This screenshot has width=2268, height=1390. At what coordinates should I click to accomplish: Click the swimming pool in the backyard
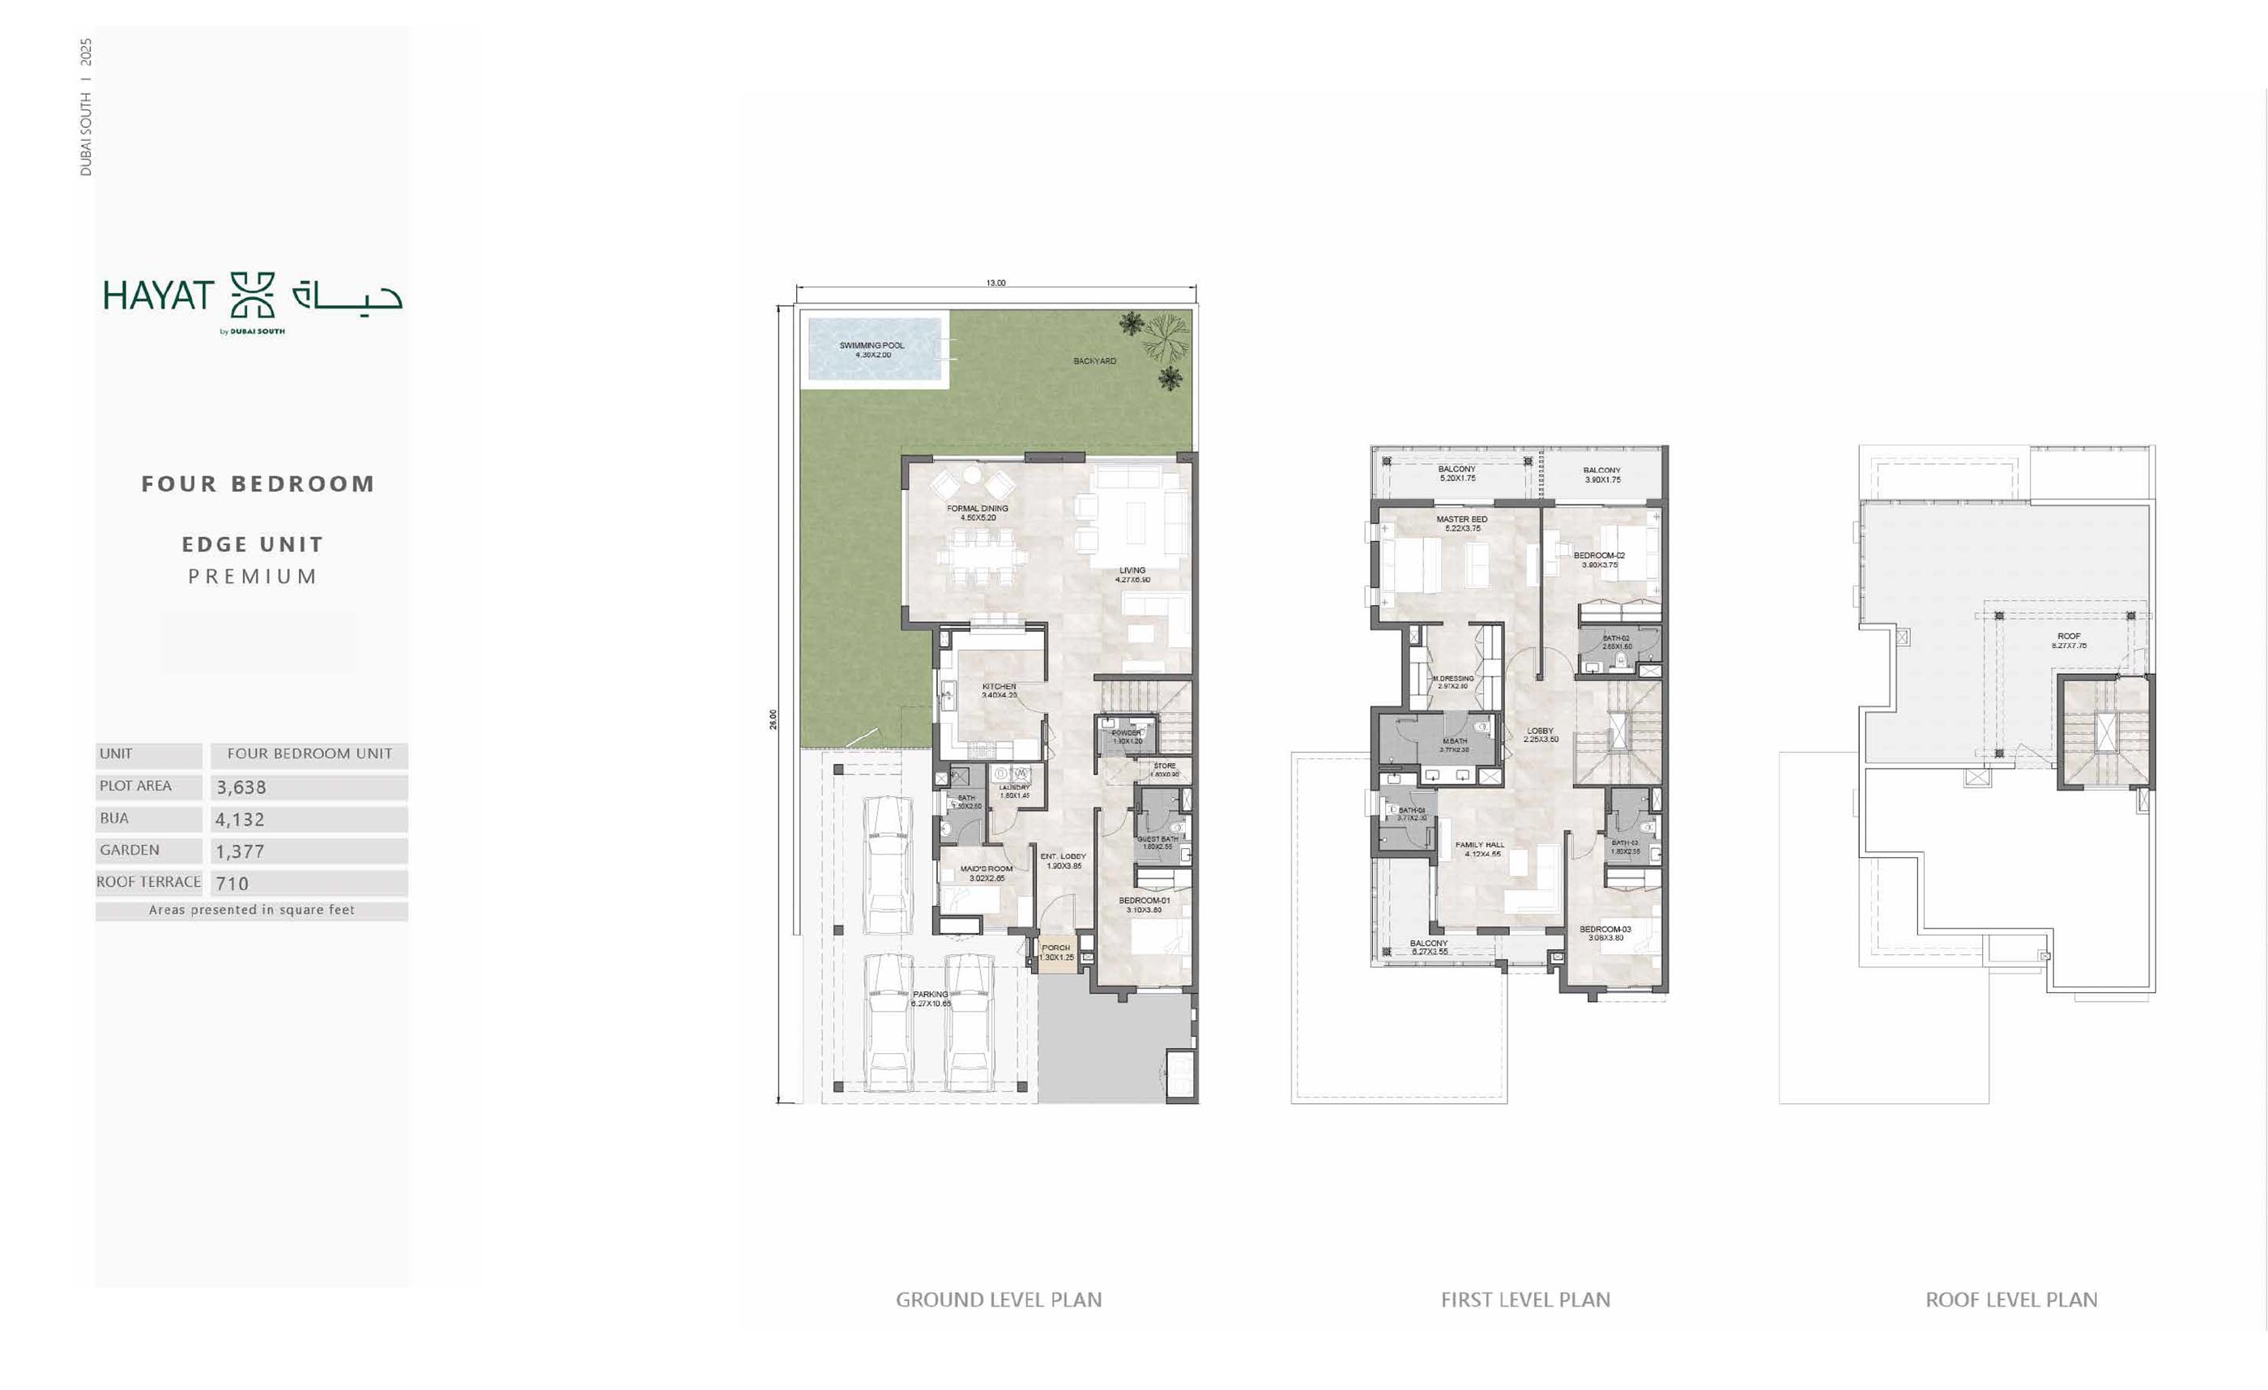point(875,349)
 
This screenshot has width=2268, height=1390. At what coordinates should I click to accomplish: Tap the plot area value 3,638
point(241,787)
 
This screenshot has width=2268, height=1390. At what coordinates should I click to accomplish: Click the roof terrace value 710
point(232,884)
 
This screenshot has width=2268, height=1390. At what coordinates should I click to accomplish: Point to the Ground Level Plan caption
point(999,1300)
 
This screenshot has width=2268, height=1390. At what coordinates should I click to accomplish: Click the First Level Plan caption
point(1525,1300)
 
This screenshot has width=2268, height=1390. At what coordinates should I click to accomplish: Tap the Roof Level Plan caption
point(2011,1300)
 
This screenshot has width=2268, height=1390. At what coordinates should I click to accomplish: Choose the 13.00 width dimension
point(996,283)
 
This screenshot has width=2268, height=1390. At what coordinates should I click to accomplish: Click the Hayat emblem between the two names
point(252,295)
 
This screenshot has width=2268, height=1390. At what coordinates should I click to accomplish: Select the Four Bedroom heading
point(258,484)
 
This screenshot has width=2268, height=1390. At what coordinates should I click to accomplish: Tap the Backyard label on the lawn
point(1094,360)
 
